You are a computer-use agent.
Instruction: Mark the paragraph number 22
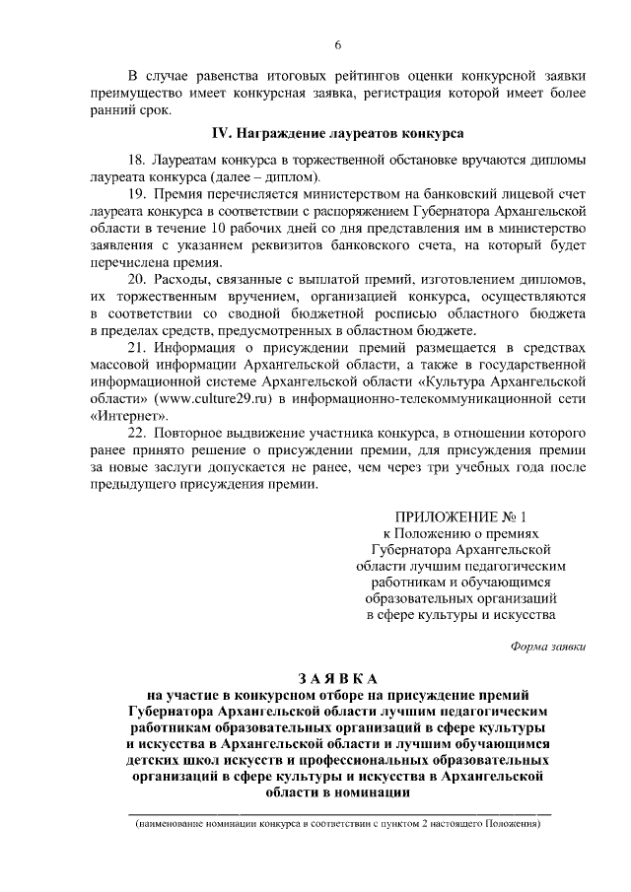pos(137,433)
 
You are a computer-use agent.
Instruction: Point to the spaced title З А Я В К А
pos(337,678)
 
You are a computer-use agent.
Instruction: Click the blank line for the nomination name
pos(337,814)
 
